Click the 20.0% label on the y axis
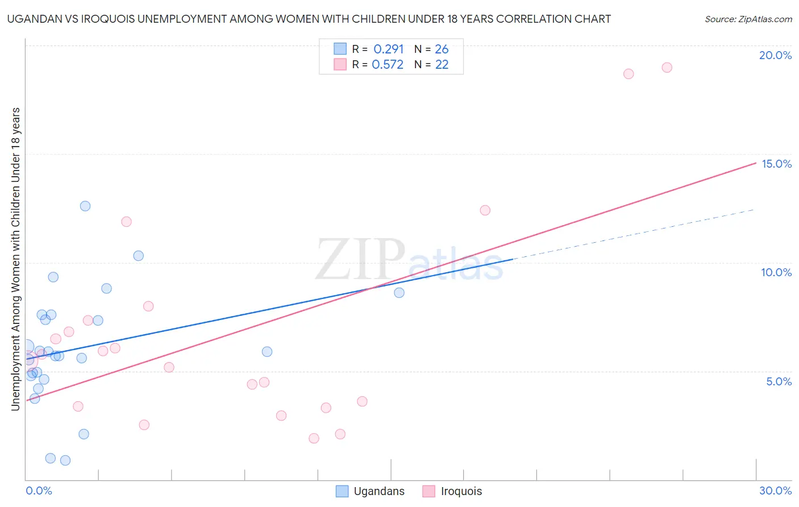[775, 55]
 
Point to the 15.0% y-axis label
[776, 164]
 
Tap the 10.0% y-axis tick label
[776, 272]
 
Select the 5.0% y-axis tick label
[779, 381]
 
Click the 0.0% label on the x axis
[39, 491]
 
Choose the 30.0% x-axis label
[775, 491]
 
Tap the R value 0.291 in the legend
[388, 49]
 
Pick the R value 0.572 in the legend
[388, 65]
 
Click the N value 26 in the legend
[442, 49]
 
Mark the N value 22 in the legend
[442, 65]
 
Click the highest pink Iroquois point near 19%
[667, 68]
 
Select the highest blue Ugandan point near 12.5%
[85, 206]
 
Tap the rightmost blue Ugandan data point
[399, 293]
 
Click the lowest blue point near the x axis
[65, 460]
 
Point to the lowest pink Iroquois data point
[314, 438]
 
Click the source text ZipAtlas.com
[748, 19]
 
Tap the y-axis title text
[16, 259]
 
